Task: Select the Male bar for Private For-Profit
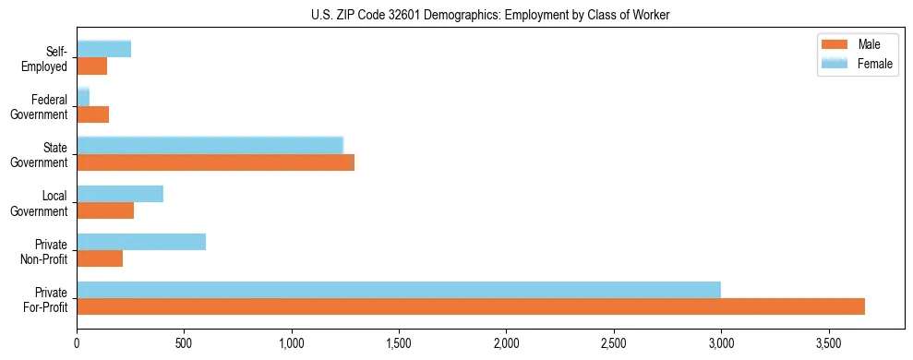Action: coord(471,306)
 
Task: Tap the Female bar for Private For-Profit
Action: coord(399,290)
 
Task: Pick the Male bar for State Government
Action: coord(215,162)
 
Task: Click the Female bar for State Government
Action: coord(210,146)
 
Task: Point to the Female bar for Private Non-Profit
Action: coord(141,242)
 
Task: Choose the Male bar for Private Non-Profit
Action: coord(100,258)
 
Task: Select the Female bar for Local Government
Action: coord(120,194)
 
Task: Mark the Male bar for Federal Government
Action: coord(93,114)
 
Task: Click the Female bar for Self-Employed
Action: coord(104,50)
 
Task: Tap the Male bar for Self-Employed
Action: coord(92,66)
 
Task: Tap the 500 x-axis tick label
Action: coord(184,342)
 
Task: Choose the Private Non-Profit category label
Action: coord(46,251)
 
